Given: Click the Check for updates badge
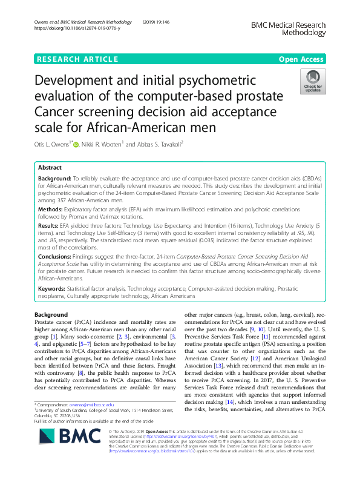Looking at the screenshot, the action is [x=314, y=82].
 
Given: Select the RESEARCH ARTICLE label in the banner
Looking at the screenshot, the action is [x=77, y=59].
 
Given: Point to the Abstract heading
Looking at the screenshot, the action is [x=50, y=167].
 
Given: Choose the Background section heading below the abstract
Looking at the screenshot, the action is [x=51, y=315].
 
